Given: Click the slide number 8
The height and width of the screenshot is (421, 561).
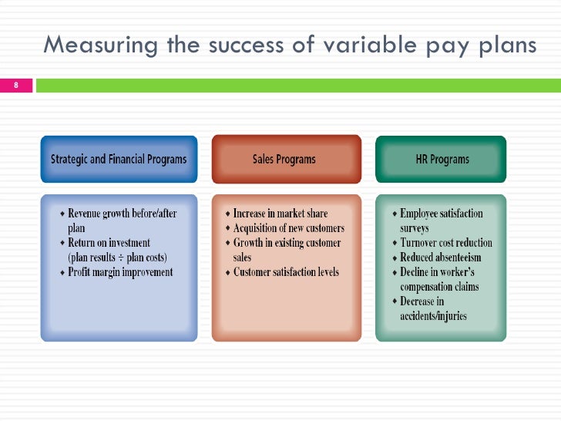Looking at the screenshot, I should (15, 85).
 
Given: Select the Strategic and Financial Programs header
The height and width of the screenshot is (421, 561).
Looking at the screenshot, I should (119, 160).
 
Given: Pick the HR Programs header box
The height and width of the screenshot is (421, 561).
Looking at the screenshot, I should (442, 160).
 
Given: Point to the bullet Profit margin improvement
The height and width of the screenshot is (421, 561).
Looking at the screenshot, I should (120, 272).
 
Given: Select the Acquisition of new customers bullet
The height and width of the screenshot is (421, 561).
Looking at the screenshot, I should (289, 228).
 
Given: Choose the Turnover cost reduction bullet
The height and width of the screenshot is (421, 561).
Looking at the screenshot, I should (446, 243).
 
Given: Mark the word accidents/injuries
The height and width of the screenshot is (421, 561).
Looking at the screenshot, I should (433, 316).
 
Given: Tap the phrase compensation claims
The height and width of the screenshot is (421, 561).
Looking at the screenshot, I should (439, 287).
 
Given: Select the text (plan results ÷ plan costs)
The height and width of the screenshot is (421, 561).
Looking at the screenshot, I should (118, 258).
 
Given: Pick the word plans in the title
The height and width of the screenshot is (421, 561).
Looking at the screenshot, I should (507, 46).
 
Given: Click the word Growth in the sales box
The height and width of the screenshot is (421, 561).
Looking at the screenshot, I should (250, 243).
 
